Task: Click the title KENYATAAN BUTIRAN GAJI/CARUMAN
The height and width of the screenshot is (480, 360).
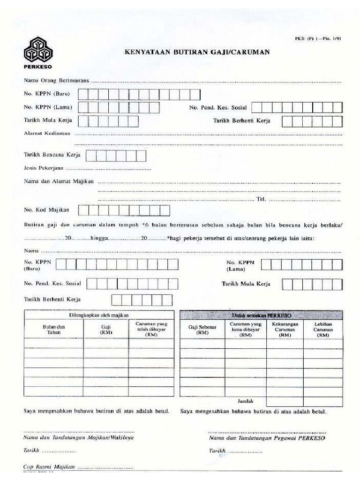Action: click(x=196, y=52)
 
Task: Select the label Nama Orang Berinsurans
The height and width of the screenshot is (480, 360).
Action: click(x=56, y=81)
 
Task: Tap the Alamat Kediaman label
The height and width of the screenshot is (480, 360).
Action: click(x=47, y=133)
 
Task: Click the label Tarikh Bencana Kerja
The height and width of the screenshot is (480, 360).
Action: click(x=52, y=154)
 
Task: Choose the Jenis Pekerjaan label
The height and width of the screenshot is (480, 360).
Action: click(x=44, y=168)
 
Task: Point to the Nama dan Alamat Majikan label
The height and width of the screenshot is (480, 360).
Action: click(x=59, y=181)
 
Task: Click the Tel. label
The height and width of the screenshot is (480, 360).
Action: click(x=261, y=199)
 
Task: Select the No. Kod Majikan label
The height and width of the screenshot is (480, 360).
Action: click(x=46, y=210)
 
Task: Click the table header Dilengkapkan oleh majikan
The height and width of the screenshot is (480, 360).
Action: click(x=99, y=315)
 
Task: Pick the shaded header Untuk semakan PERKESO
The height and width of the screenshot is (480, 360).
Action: click(x=261, y=315)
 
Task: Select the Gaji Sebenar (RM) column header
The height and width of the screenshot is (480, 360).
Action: click(x=202, y=330)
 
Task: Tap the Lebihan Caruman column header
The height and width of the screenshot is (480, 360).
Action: click(x=323, y=329)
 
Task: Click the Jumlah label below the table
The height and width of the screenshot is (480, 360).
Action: click(x=245, y=401)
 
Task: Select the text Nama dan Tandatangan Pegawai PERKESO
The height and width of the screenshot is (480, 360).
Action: click(x=267, y=438)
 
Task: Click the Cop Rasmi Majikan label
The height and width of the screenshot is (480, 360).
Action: click(x=49, y=467)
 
